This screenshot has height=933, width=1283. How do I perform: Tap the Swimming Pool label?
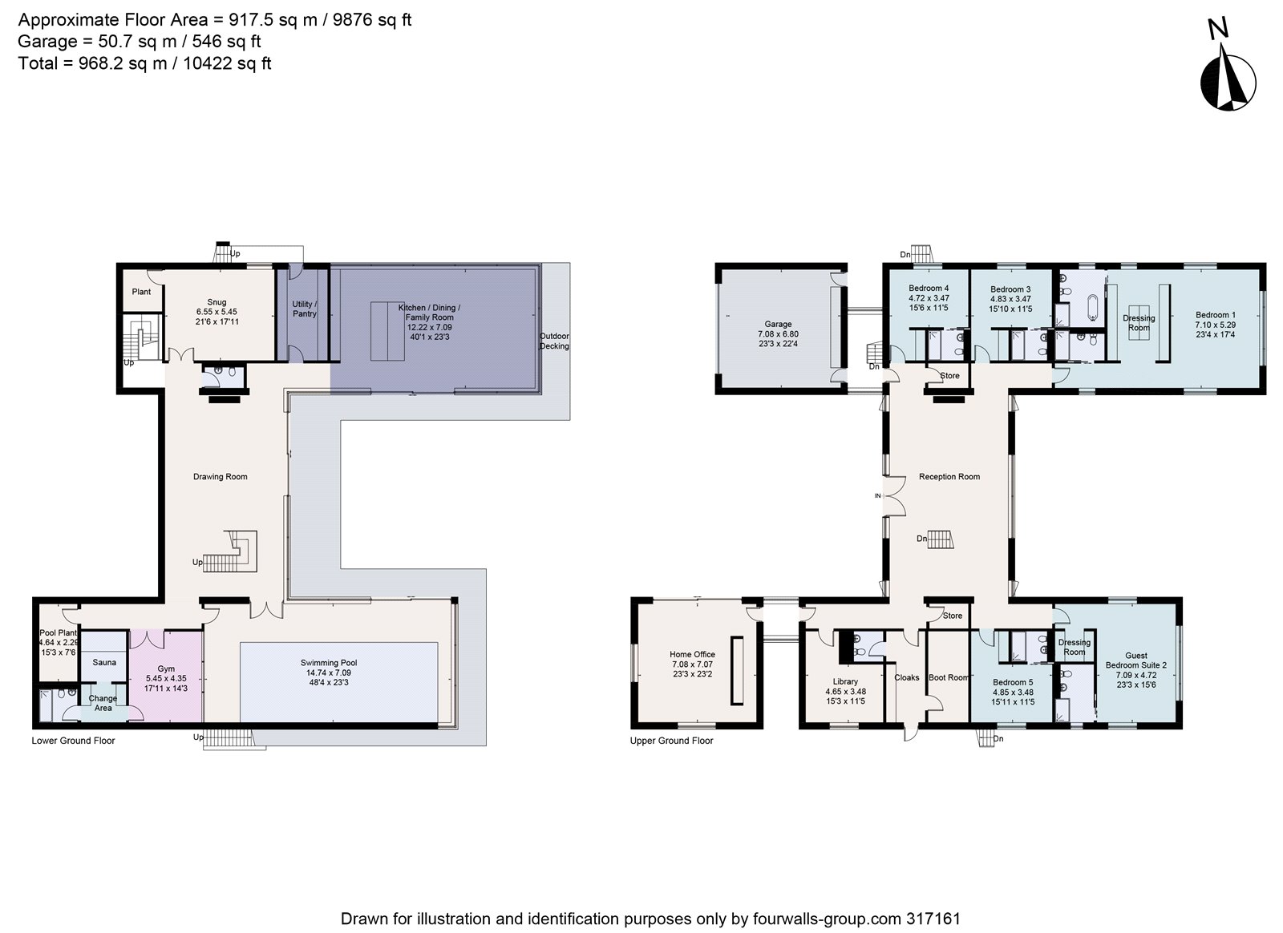(329, 663)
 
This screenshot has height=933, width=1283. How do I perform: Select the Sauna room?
(104, 662)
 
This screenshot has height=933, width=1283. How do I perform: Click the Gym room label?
(166, 668)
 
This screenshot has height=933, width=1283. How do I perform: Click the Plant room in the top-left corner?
(141, 292)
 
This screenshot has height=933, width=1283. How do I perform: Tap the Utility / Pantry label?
(305, 309)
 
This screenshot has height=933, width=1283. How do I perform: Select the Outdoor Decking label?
(553, 341)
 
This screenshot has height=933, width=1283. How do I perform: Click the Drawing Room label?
(220, 477)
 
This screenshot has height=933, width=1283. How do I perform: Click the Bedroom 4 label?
(929, 289)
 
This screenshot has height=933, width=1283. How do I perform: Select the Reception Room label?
(949, 477)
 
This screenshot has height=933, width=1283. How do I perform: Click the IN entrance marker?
(877, 496)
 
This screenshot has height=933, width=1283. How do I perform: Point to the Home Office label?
(692, 655)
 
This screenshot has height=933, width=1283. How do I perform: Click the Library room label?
(845, 681)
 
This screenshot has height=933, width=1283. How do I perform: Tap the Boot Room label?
(949, 677)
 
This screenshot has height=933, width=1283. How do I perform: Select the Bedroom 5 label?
(1012, 682)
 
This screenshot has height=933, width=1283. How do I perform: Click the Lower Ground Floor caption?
(73, 741)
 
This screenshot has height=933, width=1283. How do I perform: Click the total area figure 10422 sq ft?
(227, 63)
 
